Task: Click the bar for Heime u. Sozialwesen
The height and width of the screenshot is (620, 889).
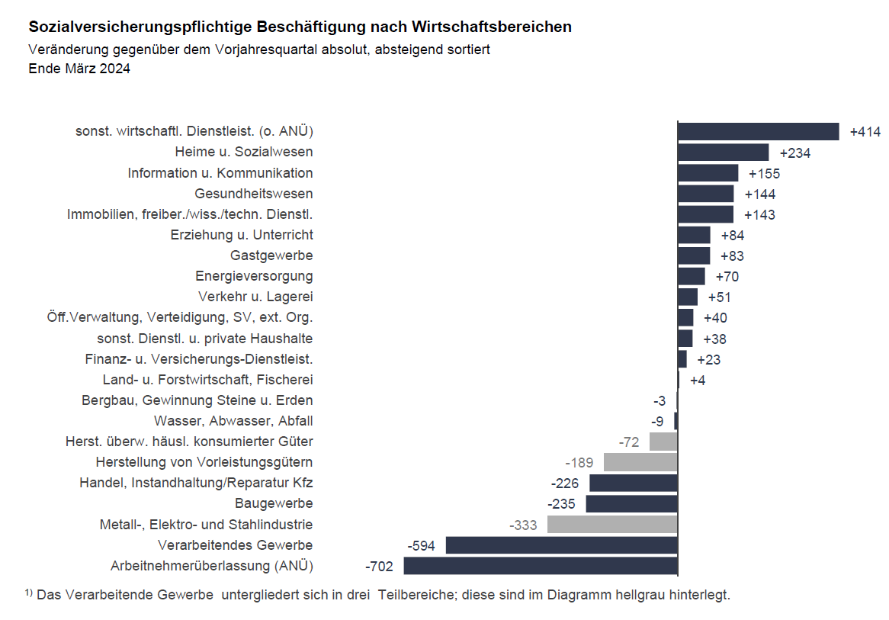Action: pyautogui.click(x=723, y=153)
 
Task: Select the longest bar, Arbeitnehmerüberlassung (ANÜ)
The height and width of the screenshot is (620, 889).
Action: pyautogui.click(x=540, y=566)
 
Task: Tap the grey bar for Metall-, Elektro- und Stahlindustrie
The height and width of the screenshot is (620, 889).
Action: pyautogui.click(x=612, y=525)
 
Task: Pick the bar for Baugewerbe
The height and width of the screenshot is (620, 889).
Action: pyautogui.click(x=631, y=504)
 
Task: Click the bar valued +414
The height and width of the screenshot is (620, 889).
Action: pyautogui.click(x=758, y=132)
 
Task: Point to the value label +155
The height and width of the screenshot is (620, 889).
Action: pyautogui.click(x=764, y=174)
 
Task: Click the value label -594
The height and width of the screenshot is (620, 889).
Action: pyautogui.click(x=421, y=546)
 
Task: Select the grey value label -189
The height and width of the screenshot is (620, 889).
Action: pyautogui.click(x=579, y=463)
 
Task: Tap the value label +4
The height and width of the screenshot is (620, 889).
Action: pyautogui.click(x=698, y=381)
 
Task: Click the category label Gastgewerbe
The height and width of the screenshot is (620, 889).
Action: pyautogui.click(x=271, y=255)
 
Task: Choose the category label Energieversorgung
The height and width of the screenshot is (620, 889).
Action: pyautogui.click(x=254, y=276)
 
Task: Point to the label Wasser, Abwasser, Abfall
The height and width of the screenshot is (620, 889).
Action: pyautogui.click(x=233, y=421)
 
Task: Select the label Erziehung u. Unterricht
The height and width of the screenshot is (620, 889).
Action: pyautogui.click(x=242, y=235)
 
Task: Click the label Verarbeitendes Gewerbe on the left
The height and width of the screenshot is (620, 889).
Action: pyautogui.click(x=235, y=545)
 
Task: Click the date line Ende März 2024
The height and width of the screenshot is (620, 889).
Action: pyautogui.click(x=79, y=69)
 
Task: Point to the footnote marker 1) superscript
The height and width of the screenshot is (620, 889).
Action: pyautogui.click(x=29, y=593)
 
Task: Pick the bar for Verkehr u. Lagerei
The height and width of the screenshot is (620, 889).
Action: pyautogui.click(x=688, y=297)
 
